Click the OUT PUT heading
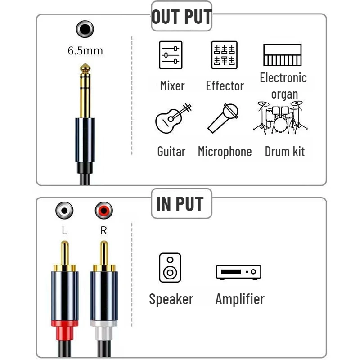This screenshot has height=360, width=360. point(181,17)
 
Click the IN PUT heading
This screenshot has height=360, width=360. point(180,204)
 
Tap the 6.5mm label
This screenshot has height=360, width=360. point(85,51)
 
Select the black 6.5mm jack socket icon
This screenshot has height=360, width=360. point(85,29)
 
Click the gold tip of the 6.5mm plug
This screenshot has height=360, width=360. point(85,68)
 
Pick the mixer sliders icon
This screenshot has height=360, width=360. point(171,55)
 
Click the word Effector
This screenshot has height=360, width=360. point(225,86)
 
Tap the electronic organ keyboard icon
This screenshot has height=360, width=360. point(283,55)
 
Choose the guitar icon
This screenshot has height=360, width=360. point(173,118)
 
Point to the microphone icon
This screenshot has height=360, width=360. point(223,118)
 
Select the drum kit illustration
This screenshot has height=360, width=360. point(280,117)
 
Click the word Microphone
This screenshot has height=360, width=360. point(225,152)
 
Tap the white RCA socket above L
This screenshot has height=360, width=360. point(64,210)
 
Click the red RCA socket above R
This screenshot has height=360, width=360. point(104,210)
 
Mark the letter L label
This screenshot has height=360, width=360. point(64,230)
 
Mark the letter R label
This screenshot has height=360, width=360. point(104,230)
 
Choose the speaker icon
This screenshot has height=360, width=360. point(170,268)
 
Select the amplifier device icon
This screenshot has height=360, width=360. point(238,272)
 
